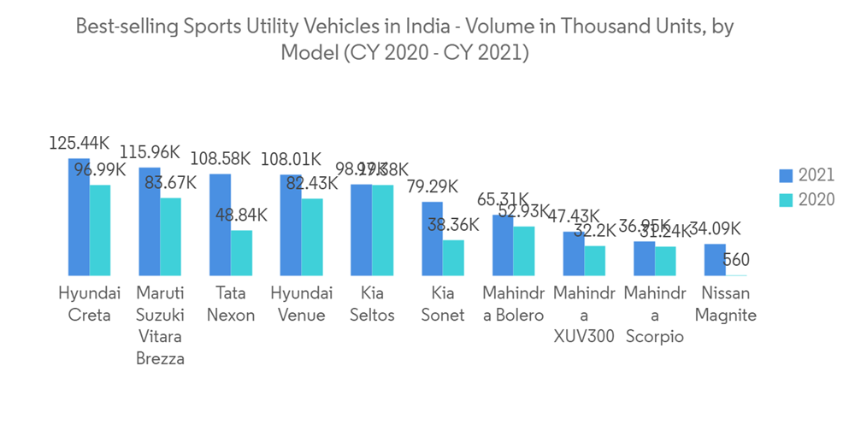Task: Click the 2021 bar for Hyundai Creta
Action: click(x=79, y=217)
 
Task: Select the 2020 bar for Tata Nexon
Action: click(x=241, y=253)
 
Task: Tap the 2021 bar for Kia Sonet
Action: click(x=432, y=239)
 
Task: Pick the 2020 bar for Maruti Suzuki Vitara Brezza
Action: click(x=171, y=237)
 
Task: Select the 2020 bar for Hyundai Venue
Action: click(x=312, y=237)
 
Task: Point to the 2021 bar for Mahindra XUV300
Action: click(x=574, y=253)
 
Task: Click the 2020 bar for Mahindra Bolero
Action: click(x=523, y=251)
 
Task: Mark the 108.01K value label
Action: click(x=292, y=159)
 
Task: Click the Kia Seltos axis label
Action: click(x=372, y=304)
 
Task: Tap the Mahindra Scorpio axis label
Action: click(x=654, y=315)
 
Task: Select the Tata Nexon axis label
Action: click(x=231, y=304)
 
